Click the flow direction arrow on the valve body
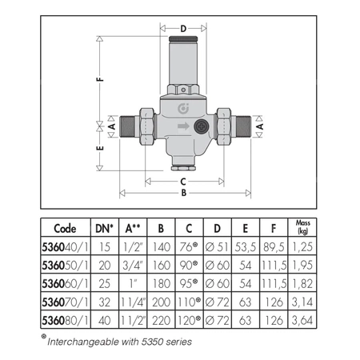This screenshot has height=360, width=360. (x=183, y=126)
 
